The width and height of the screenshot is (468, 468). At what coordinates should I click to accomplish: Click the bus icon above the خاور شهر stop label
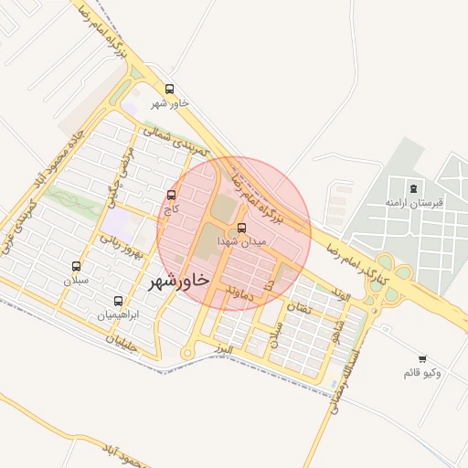[x=170, y=89]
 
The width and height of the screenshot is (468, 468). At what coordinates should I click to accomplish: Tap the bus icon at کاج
[x=173, y=195]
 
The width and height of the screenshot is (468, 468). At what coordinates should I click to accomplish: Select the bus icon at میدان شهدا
[x=241, y=228]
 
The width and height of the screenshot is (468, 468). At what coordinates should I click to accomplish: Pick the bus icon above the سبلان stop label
[x=76, y=267]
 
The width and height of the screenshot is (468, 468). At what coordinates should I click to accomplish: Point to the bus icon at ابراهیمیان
[x=118, y=301]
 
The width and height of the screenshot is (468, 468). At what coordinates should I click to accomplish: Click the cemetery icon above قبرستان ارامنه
[x=414, y=189]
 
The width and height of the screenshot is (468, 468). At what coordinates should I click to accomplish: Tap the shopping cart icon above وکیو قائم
[x=421, y=359]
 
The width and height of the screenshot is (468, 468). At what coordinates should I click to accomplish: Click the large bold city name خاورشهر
[x=178, y=279]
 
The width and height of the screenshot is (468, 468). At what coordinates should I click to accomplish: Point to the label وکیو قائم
[x=422, y=373]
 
